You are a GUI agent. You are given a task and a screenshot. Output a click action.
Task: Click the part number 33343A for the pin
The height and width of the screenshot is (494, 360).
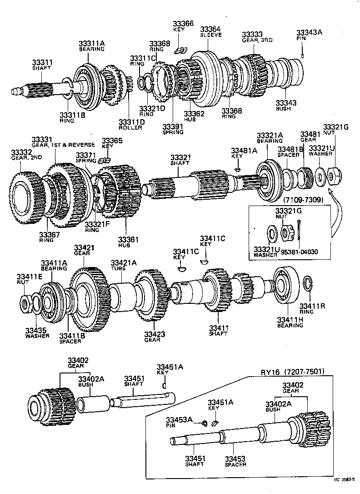pos(309,33)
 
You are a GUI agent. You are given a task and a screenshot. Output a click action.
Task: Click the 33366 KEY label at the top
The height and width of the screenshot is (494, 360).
pos(183,26)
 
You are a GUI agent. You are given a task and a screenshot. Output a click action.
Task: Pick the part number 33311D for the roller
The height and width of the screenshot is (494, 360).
pos(131,122)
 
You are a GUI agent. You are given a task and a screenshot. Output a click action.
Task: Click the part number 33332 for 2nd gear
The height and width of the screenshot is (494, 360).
pos(21,152)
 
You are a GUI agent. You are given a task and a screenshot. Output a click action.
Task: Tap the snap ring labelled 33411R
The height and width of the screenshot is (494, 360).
pos(307,283)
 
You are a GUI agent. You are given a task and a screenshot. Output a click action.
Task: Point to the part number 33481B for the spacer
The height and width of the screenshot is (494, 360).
pos(290,150)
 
